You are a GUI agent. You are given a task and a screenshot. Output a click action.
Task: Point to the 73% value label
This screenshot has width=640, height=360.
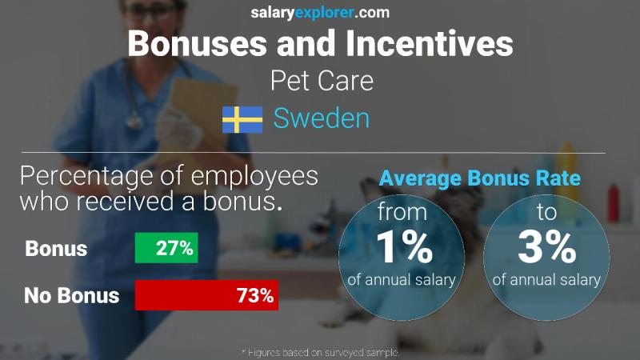256,295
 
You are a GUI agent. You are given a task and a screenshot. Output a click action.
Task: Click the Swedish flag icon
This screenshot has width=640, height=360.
242,119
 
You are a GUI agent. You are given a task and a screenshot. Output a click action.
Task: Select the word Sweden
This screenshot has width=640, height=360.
321,119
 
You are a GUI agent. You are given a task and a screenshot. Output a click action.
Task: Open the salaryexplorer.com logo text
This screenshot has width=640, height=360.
321,12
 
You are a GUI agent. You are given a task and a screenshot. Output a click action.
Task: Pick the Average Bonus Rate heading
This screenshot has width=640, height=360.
479,179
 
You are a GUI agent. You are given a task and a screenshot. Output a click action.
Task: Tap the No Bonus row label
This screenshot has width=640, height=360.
72,295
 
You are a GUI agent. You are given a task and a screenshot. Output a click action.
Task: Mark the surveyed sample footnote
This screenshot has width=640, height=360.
320,352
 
